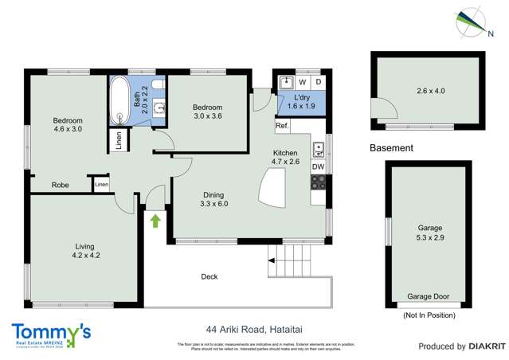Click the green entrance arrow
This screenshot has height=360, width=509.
[x=155, y=220]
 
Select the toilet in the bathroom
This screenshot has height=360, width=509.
[x=158, y=84]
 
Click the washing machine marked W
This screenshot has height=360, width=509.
[x=302, y=81]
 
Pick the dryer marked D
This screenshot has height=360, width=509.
[x=318, y=81]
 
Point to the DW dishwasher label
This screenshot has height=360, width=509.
[x=318, y=166]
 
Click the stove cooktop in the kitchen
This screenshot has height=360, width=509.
[x=318, y=182]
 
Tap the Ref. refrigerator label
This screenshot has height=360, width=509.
[x=281, y=126]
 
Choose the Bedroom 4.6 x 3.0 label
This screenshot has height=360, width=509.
[x=68, y=123]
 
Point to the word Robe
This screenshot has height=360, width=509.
[x=60, y=185]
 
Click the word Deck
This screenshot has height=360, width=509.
[x=209, y=277]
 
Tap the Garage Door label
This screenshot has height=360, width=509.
[x=428, y=297]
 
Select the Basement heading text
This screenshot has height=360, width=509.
[x=392, y=148]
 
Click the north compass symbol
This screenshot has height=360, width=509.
[x=469, y=22]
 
